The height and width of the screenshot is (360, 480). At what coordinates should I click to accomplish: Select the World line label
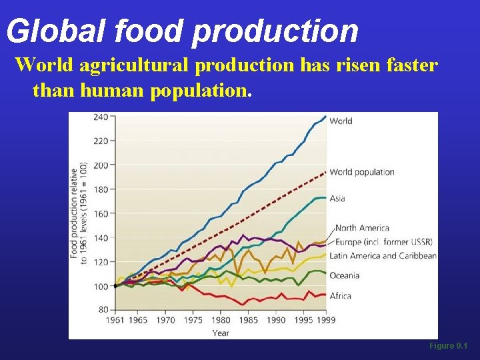click(341, 121)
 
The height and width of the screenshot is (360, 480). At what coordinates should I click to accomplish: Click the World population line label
click(362, 172)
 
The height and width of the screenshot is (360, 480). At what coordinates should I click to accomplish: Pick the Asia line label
click(337, 199)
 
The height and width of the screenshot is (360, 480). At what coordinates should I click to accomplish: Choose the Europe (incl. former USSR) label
click(383, 241)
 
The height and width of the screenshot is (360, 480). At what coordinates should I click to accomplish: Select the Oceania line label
click(345, 275)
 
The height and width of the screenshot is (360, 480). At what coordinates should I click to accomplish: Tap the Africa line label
click(340, 295)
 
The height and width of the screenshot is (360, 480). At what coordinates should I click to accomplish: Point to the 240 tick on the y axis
click(100, 117)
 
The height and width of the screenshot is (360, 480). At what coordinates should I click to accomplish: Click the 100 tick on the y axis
click(100, 286)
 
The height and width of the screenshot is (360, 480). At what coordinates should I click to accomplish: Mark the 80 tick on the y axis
click(102, 310)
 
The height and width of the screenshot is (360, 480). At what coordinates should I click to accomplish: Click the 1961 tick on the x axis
click(115, 320)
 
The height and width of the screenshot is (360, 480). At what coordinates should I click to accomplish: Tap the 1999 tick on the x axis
click(325, 320)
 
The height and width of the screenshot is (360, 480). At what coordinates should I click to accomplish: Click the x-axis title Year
click(221, 332)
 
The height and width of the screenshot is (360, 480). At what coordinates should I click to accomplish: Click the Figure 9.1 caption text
click(449, 347)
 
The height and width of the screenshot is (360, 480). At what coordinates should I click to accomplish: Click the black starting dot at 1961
click(115, 285)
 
